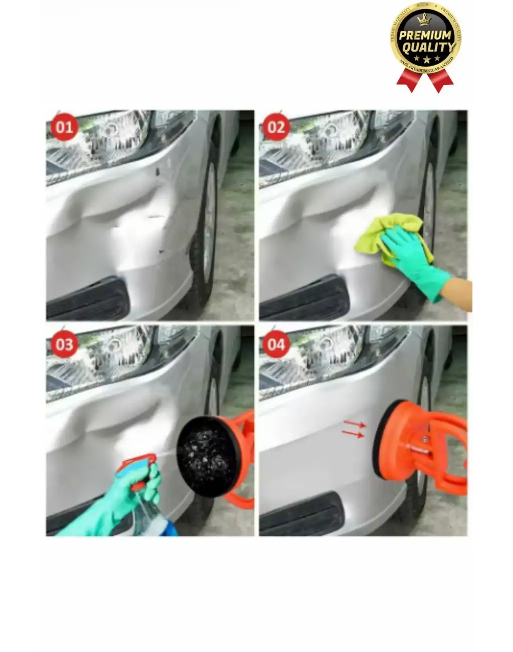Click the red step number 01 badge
[64, 127]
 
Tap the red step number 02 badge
[276, 127]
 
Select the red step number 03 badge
[64, 345]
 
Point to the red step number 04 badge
[276, 345]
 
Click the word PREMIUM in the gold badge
[425, 36]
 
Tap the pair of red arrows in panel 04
[354, 429]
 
